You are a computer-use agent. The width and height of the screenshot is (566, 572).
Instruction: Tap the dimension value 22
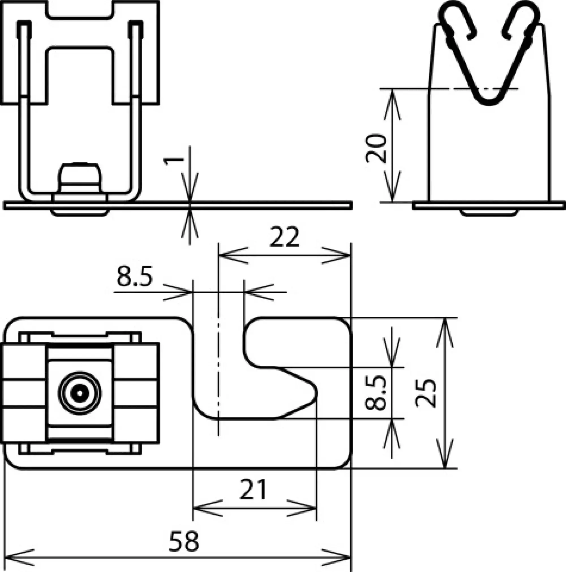pos(284,237)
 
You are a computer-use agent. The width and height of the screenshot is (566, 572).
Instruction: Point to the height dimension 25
pos(426,393)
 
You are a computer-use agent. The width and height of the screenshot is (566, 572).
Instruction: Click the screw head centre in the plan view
pos(80,393)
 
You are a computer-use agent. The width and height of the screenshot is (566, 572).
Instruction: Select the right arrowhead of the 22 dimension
pos(336,255)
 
